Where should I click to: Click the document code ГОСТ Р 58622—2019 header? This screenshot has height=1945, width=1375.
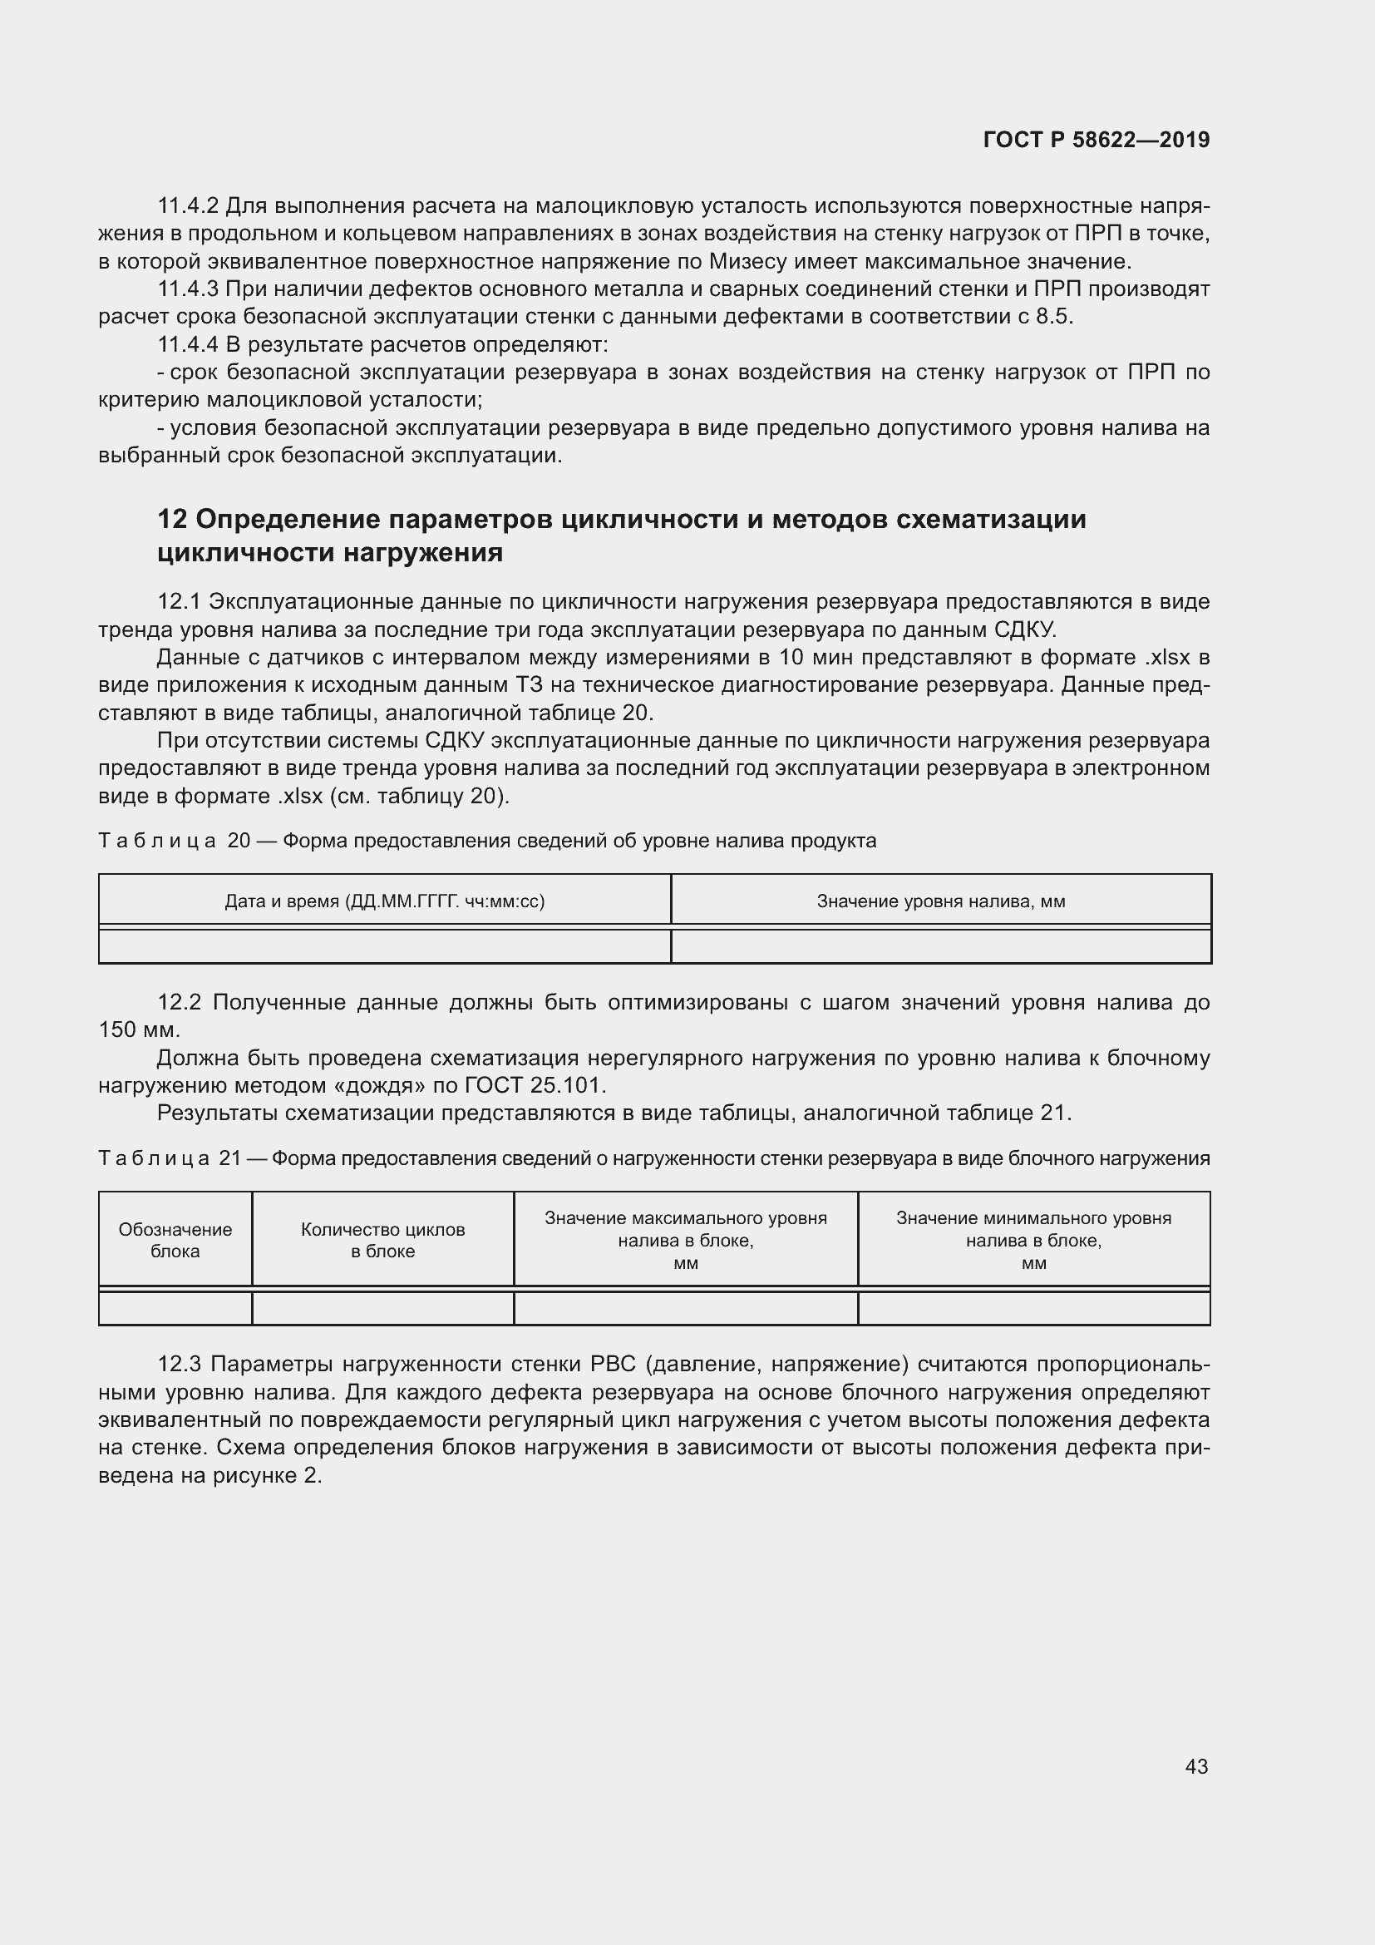click(x=1096, y=141)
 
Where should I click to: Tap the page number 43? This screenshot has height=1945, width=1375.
click(x=1195, y=1766)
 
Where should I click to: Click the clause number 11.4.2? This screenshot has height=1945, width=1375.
click(x=188, y=206)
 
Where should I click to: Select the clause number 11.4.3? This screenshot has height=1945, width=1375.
click(x=188, y=289)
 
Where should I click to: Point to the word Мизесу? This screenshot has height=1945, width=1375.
click(x=742, y=262)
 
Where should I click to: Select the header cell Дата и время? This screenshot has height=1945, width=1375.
click(x=384, y=901)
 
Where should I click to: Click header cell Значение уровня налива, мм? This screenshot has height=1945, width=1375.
click(x=941, y=901)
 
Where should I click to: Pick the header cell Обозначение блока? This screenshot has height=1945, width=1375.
click(x=175, y=1240)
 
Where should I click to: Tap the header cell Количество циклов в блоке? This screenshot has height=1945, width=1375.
click(x=382, y=1240)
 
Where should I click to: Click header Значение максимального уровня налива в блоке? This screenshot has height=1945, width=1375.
click(x=685, y=1240)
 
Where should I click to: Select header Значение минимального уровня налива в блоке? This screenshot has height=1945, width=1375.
click(x=1033, y=1240)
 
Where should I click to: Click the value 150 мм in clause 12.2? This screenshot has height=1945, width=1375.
click(x=138, y=1030)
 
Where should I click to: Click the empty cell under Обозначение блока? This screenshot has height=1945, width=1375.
click(x=175, y=1308)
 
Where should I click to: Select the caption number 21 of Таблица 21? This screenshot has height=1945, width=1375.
click(x=230, y=1158)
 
